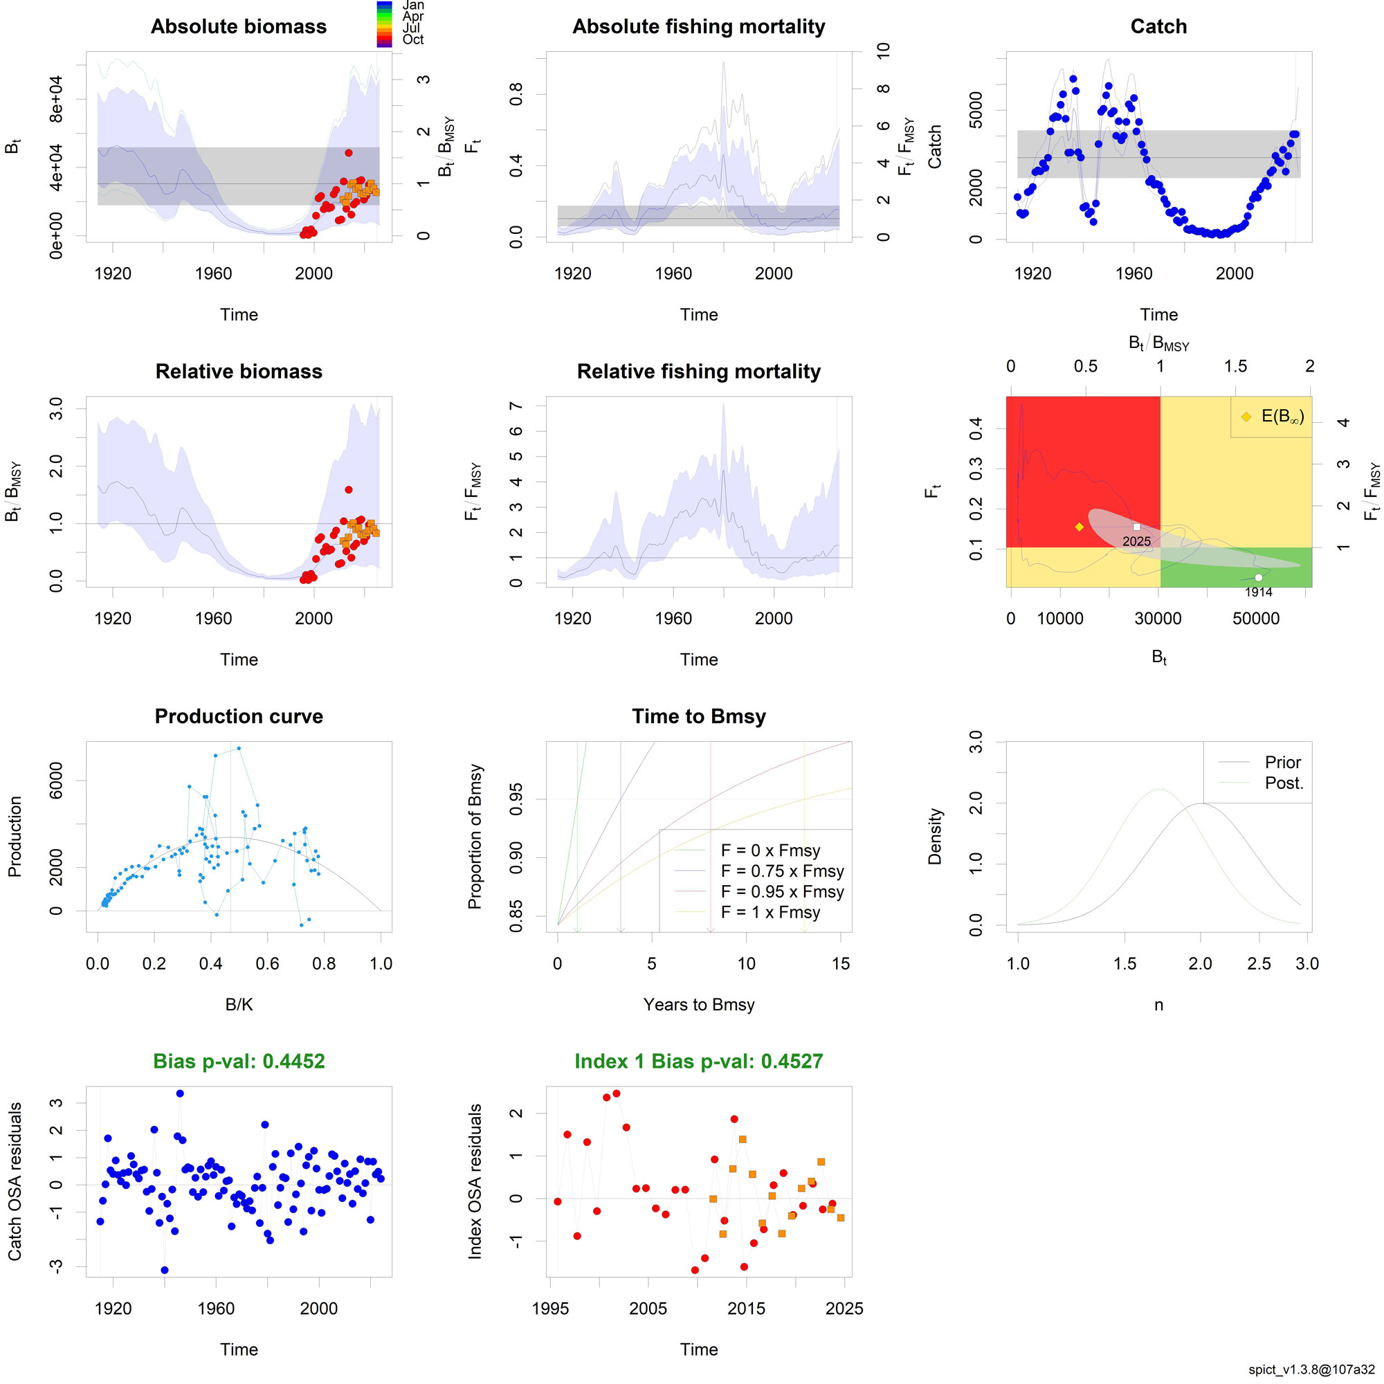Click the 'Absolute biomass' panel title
tap(239, 26)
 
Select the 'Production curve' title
tap(239, 716)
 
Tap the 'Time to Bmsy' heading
tap(698, 716)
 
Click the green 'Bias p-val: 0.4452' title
tap(239, 1061)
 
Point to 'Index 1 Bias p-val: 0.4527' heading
tap(698, 1061)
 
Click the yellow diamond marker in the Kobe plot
tap(1079, 527)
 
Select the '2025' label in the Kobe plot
tap(1136, 542)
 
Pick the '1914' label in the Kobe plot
tap(1258, 592)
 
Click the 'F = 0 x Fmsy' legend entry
tap(770, 850)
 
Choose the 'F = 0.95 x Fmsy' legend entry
tap(781, 892)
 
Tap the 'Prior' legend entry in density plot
tap(1282, 762)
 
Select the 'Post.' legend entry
tap(1284, 783)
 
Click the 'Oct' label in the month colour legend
tap(412, 39)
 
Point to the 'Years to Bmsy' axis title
tap(698, 1004)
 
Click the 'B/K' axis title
tap(239, 1004)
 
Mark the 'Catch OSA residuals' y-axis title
tap(15, 1181)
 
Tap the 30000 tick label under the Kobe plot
tap(1158, 619)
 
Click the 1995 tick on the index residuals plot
tap(550, 1308)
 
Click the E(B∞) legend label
tap(1282, 416)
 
